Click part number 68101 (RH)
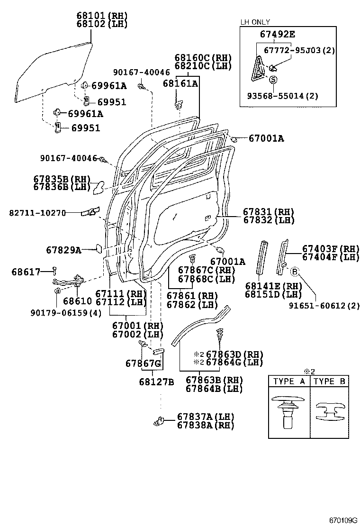(x=101, y=15)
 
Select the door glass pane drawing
(x=52, y=71)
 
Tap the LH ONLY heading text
(x=255, y=22)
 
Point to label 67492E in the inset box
(x=277, y=34)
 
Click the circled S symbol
(x=273, y=80)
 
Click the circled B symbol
(x=294, y=271)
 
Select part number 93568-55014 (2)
(x=282, y=96)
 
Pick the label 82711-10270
(x=37, y=213)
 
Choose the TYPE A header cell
(x=289, y=381)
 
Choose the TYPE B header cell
(x=330, y=381)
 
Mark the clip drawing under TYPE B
(x=330, y=411)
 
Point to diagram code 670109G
(x=343, y=520)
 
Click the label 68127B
(x=157, y=382)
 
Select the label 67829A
(x=63, y=249)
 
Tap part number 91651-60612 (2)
(x=324, y=306)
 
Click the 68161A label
(x=180, y=83)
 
